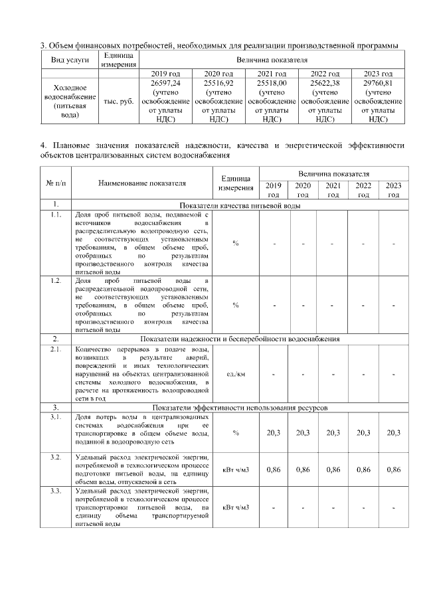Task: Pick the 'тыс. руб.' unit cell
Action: tap(119, 101)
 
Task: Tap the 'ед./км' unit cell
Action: tap(235, 374)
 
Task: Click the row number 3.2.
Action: tap(56, 458)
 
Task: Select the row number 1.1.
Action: tap(56, 215)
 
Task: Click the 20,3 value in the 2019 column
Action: tap(273, 433)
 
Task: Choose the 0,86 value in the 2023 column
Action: tap(393, 470)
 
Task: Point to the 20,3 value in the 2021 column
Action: tap(333, 433)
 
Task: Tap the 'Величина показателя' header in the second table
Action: tap(333, 173)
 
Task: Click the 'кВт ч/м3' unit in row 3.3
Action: tap(235, 508)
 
